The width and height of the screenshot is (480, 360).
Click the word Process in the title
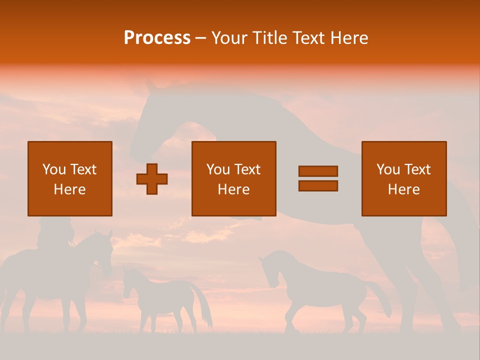coord(157,38)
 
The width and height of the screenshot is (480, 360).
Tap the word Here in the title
coord(348,38)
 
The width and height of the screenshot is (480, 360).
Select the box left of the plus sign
coord(70,178)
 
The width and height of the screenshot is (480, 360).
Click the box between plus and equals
coord(233,178)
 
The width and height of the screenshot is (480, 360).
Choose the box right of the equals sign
coord(403,178)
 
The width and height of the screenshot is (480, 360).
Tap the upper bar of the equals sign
coord(318,171)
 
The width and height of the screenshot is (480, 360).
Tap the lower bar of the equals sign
coord(318,185)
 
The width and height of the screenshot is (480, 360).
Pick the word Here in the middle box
coord(233,189)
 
